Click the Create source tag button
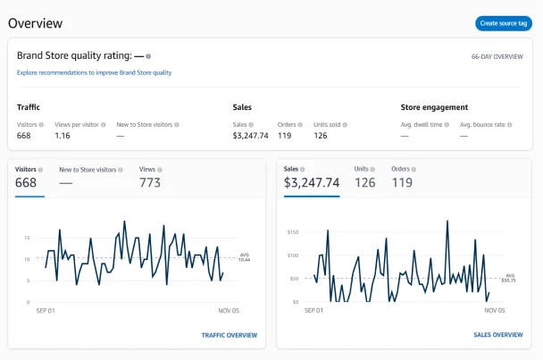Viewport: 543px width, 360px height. point(504,23)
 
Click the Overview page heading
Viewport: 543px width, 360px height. point(36,23)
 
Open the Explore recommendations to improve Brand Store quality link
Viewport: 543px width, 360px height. point(94,72)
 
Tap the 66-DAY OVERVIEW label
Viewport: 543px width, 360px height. point(497,56)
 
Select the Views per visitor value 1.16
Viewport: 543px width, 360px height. point(62,136)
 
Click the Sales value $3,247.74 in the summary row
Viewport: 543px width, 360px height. point(250,136)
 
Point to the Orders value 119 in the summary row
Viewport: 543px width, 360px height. point(285,136)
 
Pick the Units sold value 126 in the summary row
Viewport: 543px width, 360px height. point(321,136)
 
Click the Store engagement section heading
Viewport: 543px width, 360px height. point(436,107)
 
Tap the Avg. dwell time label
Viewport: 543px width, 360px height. point(422,124)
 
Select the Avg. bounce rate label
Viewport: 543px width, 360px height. point(483,124)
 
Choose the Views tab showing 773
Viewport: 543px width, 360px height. point(150,182)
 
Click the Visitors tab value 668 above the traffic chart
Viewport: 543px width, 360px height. point(26,182)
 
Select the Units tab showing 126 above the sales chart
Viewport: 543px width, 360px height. point(364,182)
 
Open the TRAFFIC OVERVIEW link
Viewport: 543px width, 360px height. point(229,335)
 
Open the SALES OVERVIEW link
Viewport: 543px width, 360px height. point(497,335)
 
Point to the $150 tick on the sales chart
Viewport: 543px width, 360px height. point(292,232)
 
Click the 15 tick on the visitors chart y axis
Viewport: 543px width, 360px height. point(28,238)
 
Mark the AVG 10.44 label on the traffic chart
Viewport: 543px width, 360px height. point(246,257)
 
